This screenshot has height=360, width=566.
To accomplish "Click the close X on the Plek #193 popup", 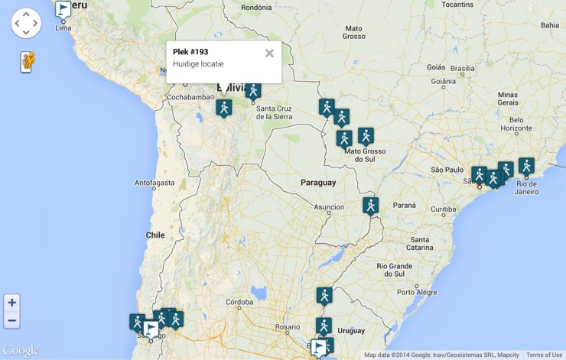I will pos(269,53).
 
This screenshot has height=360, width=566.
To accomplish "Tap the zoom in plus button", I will pos(11,303).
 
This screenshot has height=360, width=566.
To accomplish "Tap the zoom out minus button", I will pos(11,319).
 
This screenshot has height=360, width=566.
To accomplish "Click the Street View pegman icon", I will pos(27,61).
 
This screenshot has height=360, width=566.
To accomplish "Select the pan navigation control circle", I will pos(26,23).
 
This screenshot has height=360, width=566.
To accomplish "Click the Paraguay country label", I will pos(318,183).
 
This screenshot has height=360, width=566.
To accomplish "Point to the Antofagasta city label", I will pos(155,183).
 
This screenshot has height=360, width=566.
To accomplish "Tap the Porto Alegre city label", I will pos(417,292).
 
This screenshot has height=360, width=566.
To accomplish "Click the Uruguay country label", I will pos(351,330).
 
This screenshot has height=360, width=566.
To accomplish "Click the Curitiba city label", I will pos(443,209).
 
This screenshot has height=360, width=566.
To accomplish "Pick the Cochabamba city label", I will pos(190,97).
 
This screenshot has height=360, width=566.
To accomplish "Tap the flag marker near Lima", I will pos(63,9).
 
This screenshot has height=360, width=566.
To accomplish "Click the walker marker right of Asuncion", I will pos(371,205).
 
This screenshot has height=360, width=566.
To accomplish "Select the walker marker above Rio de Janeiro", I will pos(526,165).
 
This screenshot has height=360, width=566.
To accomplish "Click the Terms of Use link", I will pos(544,355).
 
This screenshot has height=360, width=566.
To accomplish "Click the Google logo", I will pos(21,350).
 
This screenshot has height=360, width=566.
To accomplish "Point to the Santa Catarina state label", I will pos(419,243).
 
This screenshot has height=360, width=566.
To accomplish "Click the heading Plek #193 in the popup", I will pos(190,51).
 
